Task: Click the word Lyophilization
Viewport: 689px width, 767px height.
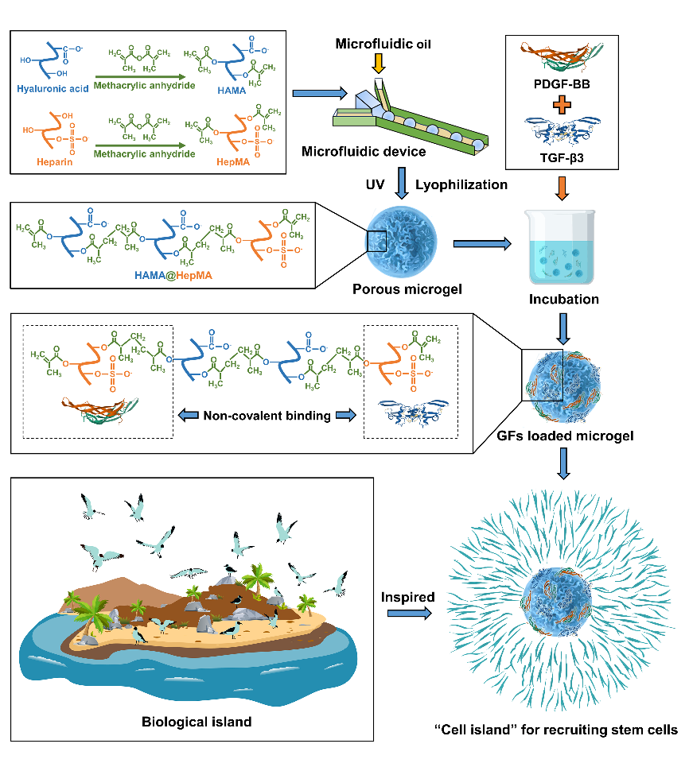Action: [461, 184]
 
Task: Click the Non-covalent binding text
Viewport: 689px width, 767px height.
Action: [267, 415]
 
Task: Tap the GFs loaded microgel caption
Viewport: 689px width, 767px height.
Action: [566, 436]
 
